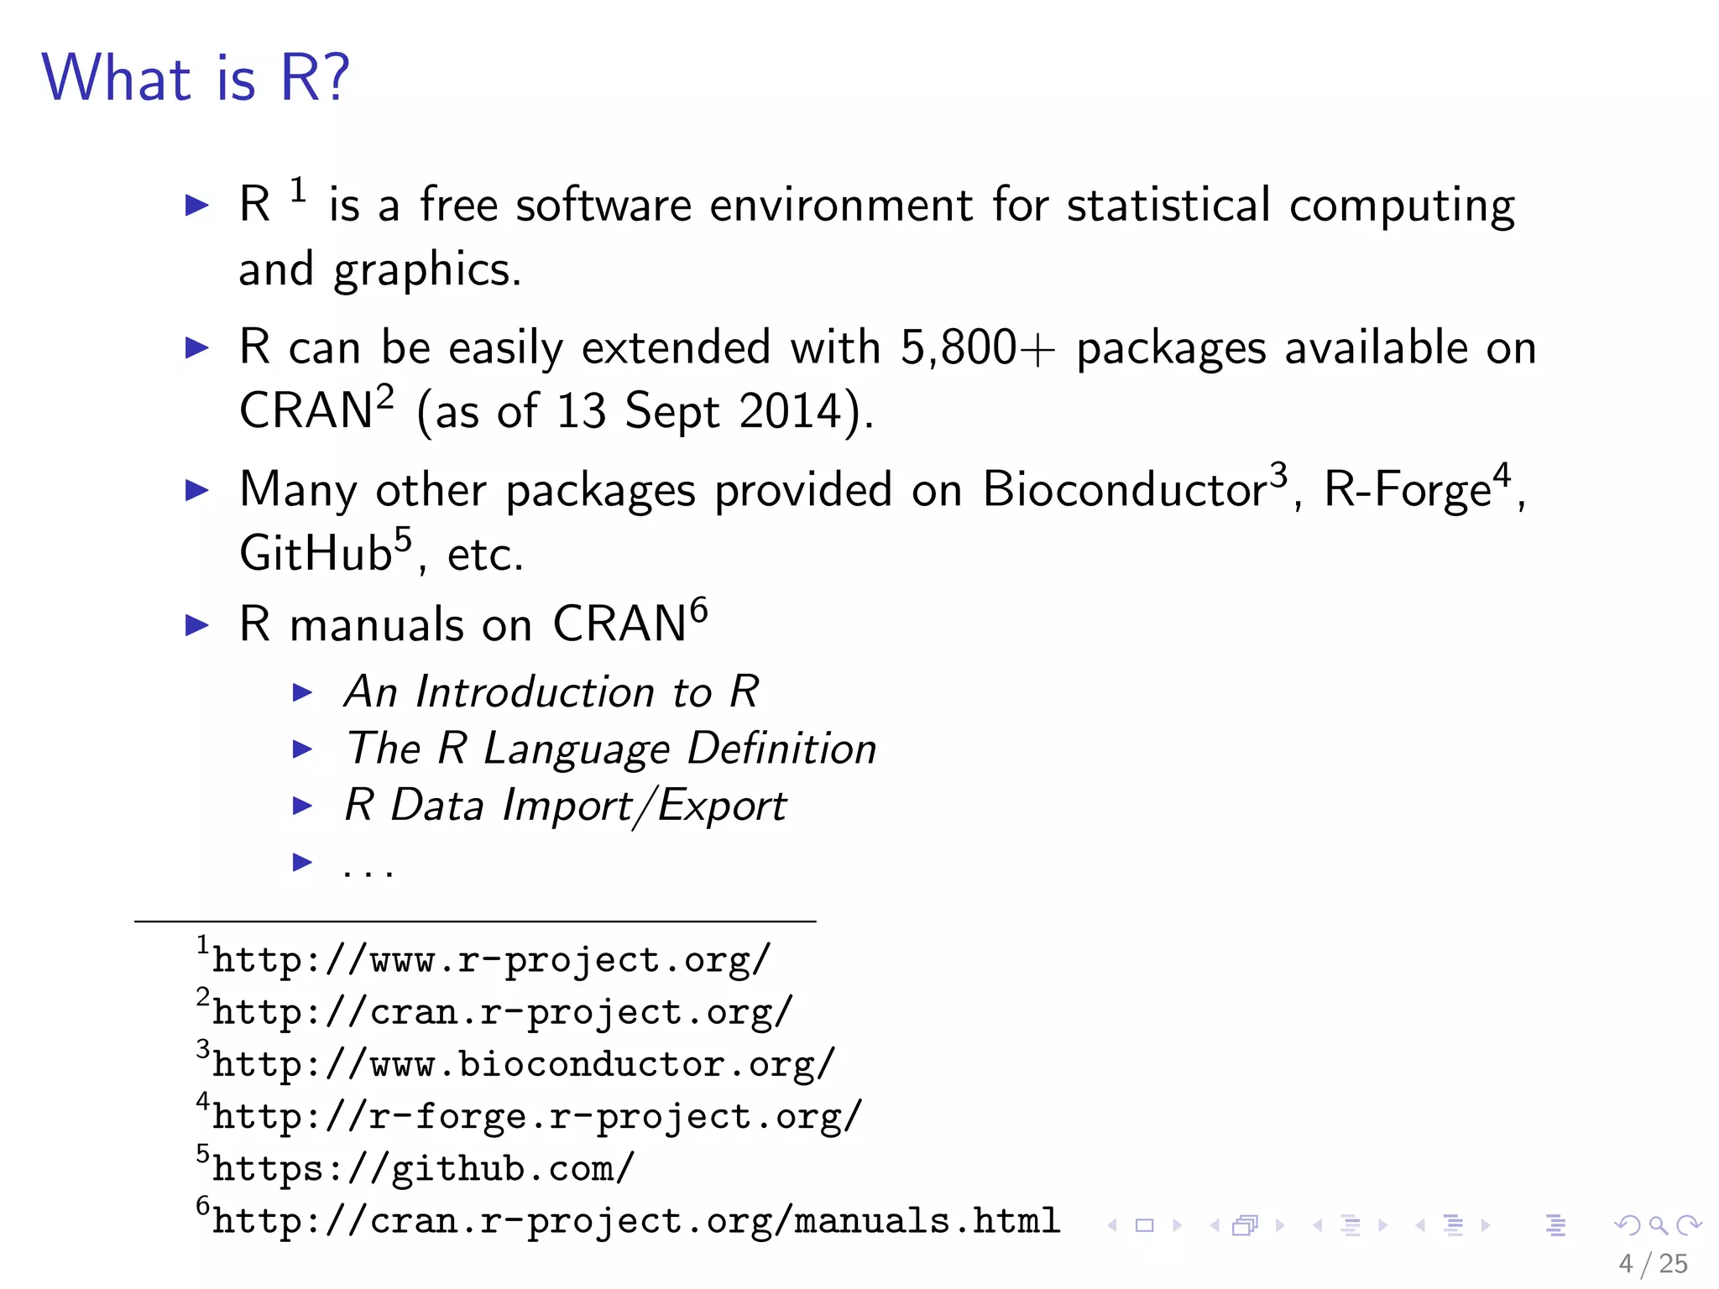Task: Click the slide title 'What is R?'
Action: click(195, 78)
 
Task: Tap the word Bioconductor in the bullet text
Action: click(1125, 489)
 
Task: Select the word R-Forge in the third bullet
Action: click(1407, 489)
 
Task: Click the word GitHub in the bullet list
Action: click(316, 554)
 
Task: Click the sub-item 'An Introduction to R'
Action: click(551, 692)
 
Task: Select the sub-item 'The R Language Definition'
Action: click(611, 749)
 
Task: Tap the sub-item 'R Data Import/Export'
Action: click(565, 806)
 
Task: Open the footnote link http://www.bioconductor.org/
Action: click(523, 1065)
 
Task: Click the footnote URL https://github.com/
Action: click(423, 1169)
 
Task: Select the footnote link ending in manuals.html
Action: click(635, 1221)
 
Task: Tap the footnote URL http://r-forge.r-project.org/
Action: click(537, 1117)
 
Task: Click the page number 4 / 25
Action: click(1653, 1264)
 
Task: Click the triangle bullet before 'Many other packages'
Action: click(196, 490)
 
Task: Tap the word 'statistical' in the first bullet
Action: click(1168, 205)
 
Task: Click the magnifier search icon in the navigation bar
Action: click(1658, 1226)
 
